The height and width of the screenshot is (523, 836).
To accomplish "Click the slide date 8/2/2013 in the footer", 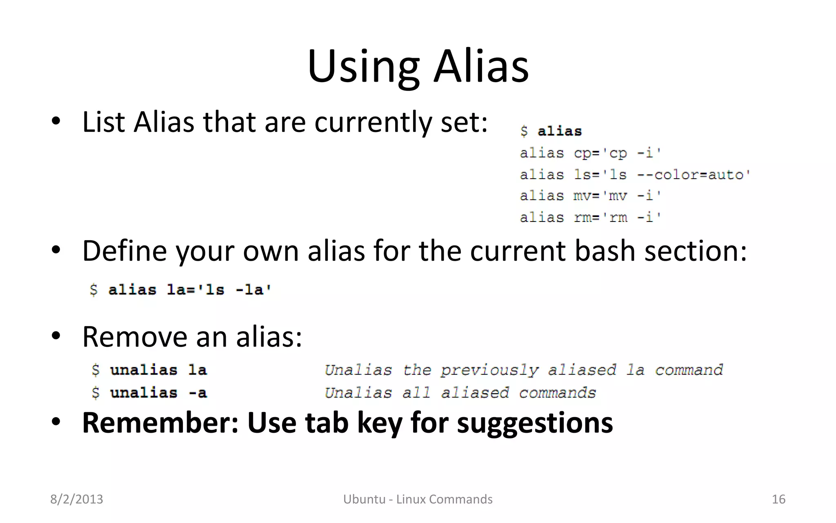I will tap(76, 499).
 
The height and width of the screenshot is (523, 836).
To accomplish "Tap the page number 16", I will tap(778, 499).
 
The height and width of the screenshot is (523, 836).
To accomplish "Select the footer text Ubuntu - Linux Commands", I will tap(418, 499).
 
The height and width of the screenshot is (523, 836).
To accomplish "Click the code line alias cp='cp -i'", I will tap(590, 153).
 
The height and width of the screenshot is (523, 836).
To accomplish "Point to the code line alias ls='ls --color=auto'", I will tap(635, 175).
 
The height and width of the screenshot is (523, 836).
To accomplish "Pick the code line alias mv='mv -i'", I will tap(590, 196).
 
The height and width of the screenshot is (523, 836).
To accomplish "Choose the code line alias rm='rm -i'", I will tap(590, 217).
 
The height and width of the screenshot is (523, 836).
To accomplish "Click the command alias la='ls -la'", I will tap(189, 290).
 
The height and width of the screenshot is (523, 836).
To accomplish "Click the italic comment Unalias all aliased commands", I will tap(460, 393).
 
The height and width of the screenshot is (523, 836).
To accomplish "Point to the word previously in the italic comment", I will tap(489, 370).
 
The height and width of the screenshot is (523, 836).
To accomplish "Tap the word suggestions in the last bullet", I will tap(535, 423).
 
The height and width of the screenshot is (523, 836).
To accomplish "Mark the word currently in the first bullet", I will tap(373, 122).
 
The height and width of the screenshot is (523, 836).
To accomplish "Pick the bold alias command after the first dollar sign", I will tap(559, 131).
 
